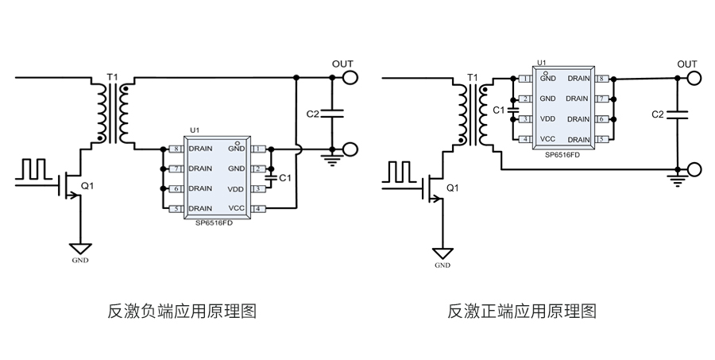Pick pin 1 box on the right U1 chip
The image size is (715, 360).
(x=524, y=79)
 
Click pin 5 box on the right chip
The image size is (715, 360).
(x=601, y=139)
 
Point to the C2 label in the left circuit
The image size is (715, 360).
(x=312, y=114)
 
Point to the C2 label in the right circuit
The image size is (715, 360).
(x=657, y=114)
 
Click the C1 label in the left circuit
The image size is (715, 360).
(x=286, y=177)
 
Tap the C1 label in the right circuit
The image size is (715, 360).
(x=499, y=110)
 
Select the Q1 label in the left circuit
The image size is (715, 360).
(x=87, y=186)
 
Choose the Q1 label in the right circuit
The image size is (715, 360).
(x=452, y=188)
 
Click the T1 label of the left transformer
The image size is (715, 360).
(x=112, y=77)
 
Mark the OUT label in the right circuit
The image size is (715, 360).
(x=687, y=64)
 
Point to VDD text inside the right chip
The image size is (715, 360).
(x=547, y=119)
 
